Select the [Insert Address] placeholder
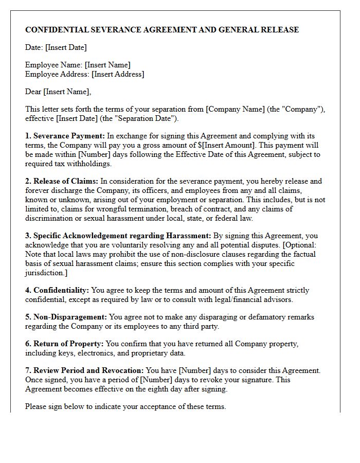[x=118, y=74]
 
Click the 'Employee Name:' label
[x=54, y=65]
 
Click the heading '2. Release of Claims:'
[x=62, y=181]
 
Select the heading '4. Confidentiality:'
[x=57, y=290]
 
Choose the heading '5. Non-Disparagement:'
[x=66, y=317]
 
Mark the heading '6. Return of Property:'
[x=64, y=344]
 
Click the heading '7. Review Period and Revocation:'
[x=85, y=370]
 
